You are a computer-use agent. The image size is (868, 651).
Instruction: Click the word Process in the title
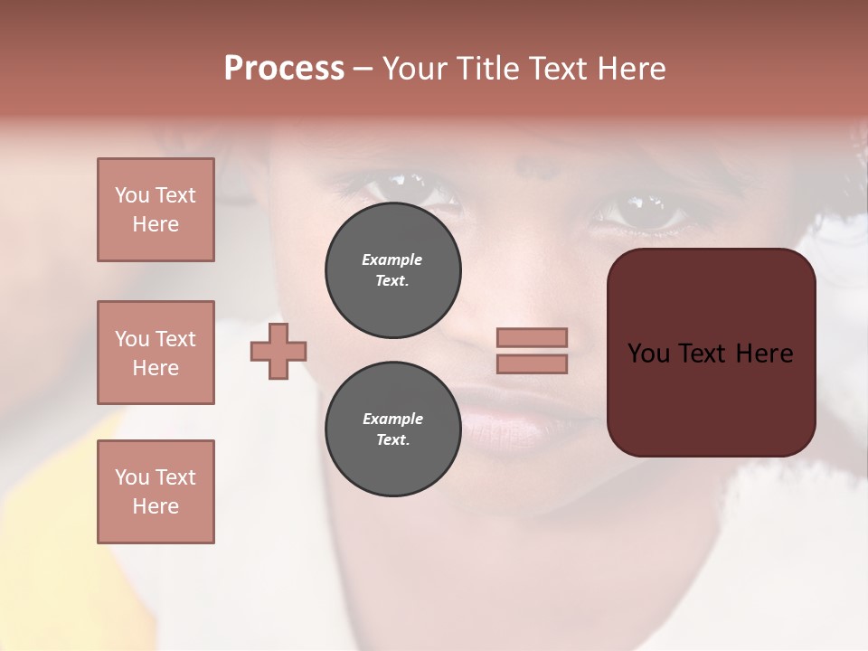[284, 69]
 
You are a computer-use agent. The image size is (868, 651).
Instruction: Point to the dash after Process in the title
[363, 70]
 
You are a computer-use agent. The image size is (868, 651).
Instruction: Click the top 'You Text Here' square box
[156, 210]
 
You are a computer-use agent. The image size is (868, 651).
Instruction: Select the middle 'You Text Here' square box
[156, 353]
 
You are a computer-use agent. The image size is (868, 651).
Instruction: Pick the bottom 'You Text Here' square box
[156, 492]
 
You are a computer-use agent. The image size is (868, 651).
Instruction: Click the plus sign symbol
[278, 351]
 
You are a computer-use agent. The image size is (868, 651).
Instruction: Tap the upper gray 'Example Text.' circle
[392, 269]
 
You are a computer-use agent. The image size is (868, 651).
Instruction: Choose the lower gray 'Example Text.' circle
[392, 429]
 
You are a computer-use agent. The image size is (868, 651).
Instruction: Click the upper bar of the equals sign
[532, 337]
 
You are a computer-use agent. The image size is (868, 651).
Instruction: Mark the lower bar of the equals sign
[532, 364]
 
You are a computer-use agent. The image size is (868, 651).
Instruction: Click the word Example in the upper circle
[392, 259]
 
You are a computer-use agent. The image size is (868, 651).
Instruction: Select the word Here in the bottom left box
[156, 506]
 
